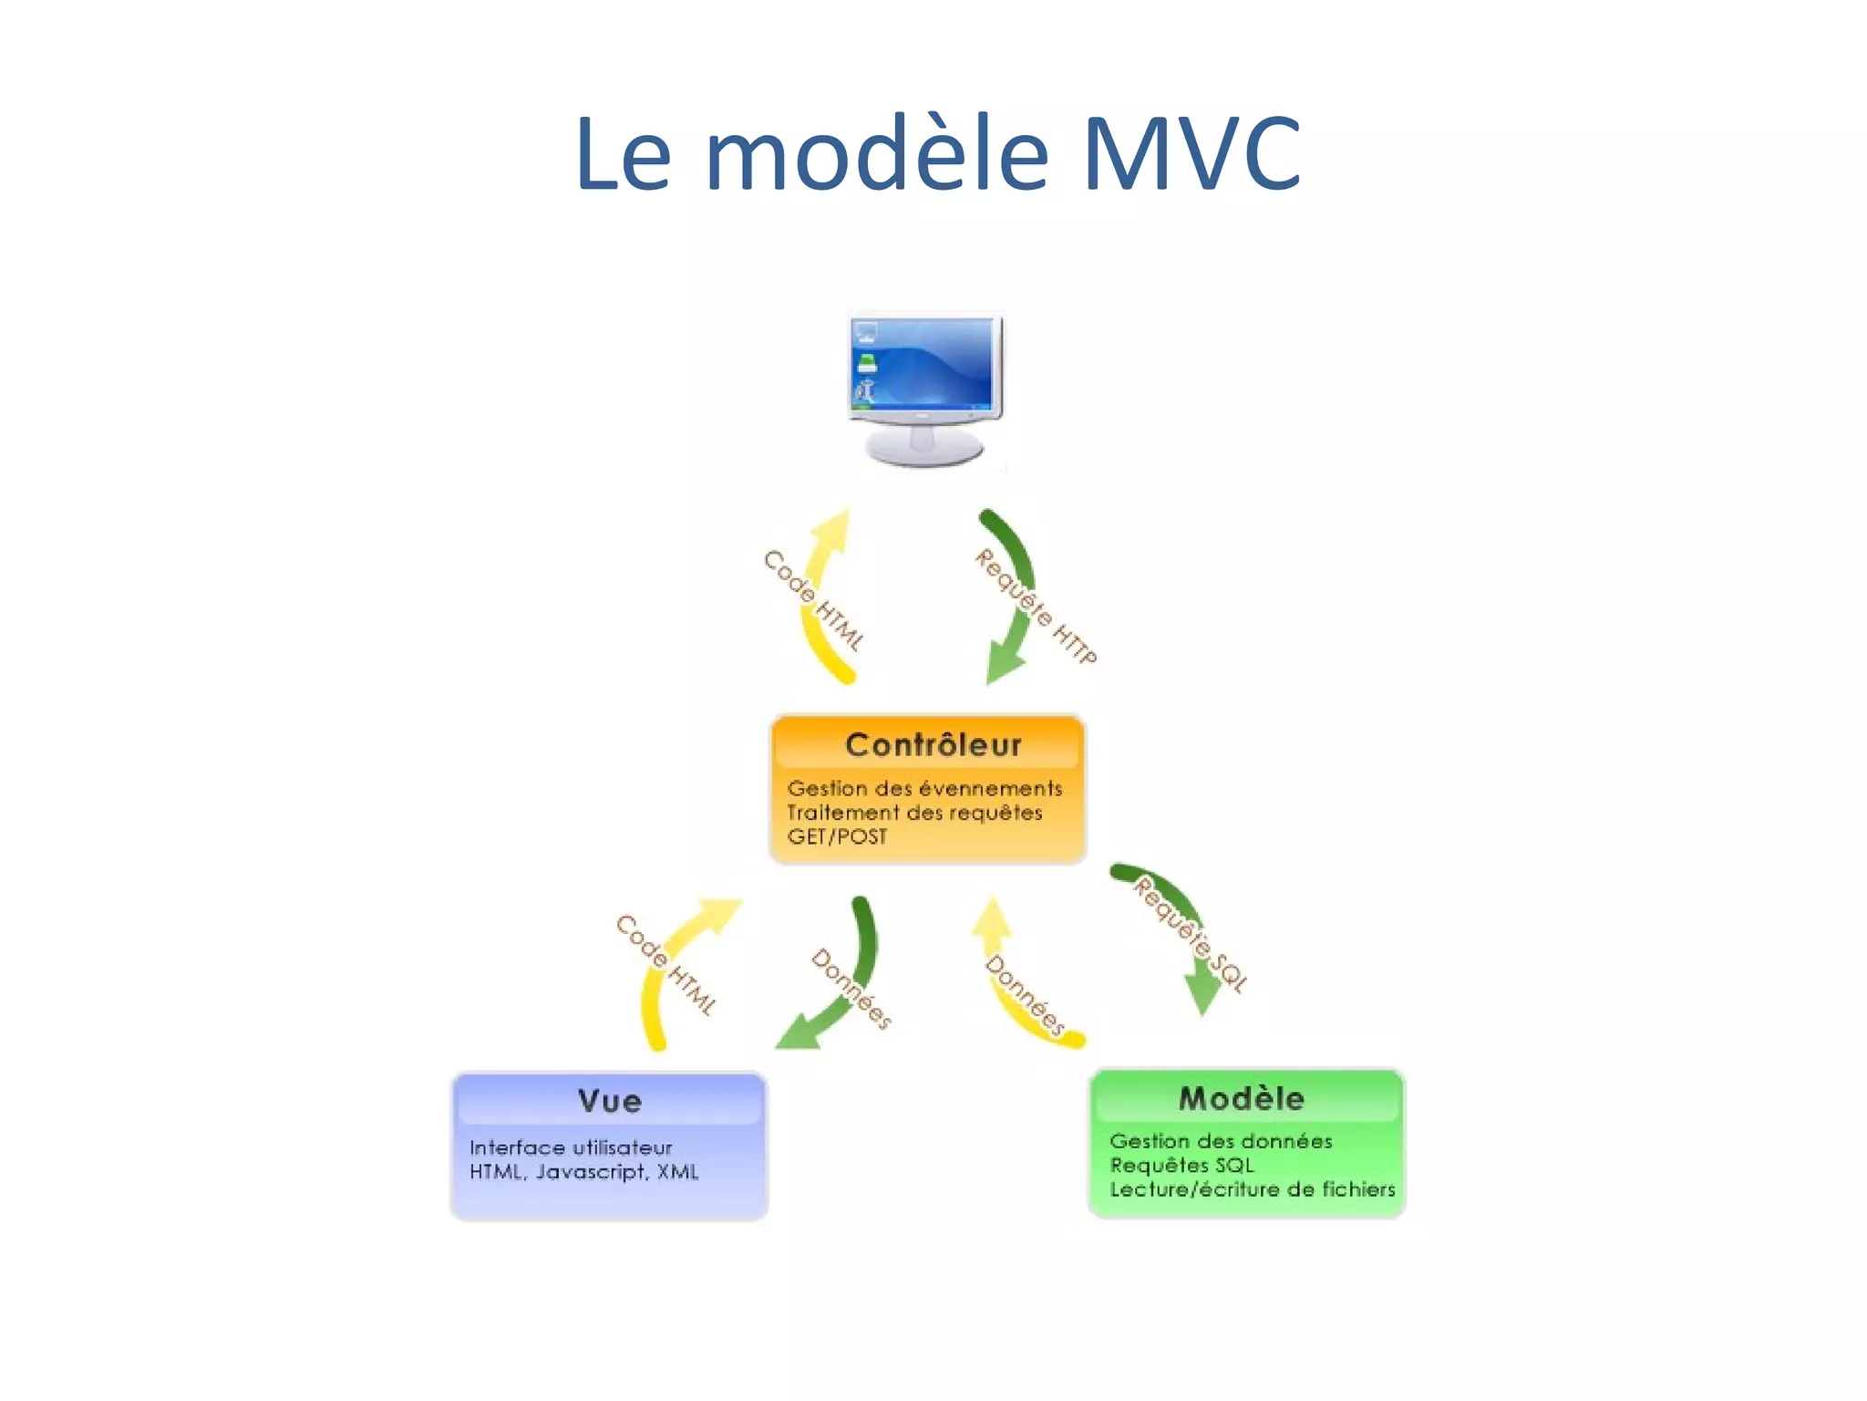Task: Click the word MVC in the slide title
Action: [1191, 155]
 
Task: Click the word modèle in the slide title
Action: [877, 155]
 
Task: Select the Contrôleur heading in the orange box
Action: [933, 745]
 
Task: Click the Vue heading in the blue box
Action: [610, 1101]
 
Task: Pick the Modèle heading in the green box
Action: [1242, 1098]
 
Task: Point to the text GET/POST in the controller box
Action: [837, 837]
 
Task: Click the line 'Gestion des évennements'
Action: [924, 788]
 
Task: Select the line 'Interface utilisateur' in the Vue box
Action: [571, 1147]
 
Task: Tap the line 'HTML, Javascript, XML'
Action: [583, 1172]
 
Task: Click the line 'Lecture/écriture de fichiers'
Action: [1252, 1189]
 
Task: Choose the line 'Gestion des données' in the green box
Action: [1221, 1141]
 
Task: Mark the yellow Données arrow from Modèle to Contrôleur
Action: [1012, 985]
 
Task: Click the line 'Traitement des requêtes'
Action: [914, 813]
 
